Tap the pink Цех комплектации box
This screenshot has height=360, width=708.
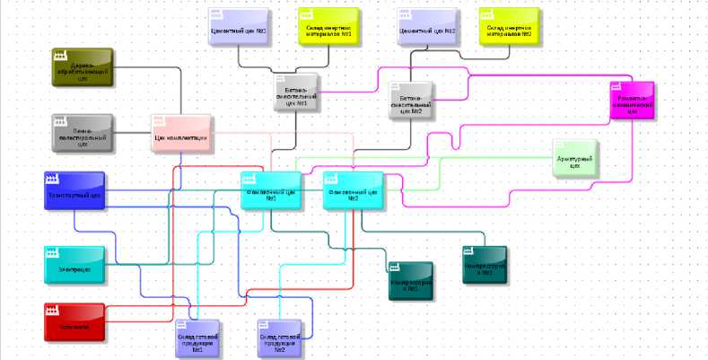tap(181, 133)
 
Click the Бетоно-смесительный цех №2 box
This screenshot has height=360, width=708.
tap(411, 100)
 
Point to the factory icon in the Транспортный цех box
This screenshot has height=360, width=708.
tap(53, 179)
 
